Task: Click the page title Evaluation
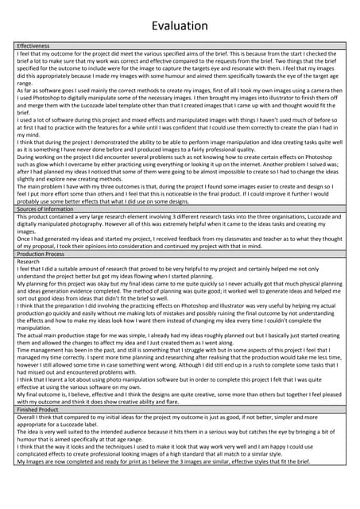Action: pos(180,26)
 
